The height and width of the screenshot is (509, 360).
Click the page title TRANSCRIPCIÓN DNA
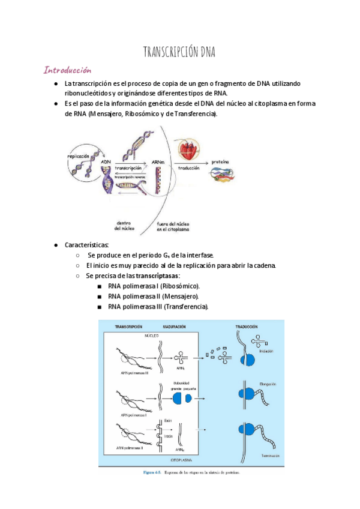pyautogui.click(x=179, y=52)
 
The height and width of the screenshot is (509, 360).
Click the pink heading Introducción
pyautogui.click(x=67, y=70)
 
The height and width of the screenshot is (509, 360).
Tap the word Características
pyautogui.click(x=86, y=245)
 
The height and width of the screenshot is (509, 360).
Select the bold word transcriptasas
pyautogui.click(x=158, y=276)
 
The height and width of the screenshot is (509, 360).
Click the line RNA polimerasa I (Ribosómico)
pyautogui.click(x=154, y=286)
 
